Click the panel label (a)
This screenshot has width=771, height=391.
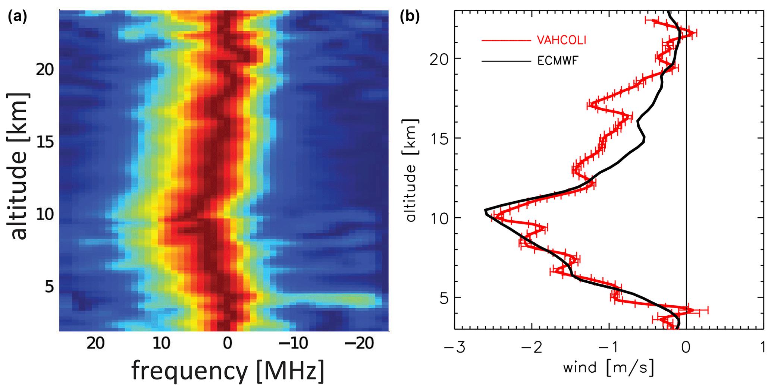[x=17, y=17]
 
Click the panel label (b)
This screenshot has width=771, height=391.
[x=410, y=17]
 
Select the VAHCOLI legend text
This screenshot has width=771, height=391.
[x=561, y=40]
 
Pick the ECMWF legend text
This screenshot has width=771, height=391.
[x=558, y=60]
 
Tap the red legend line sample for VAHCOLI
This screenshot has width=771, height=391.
[x=506, y=40]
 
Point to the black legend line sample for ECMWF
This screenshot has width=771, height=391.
[x=506, y=60]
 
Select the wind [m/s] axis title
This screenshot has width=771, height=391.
[x=608, y=368]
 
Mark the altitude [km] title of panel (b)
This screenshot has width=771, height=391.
[x=411, y=170]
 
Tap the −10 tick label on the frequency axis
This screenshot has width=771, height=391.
[x=293, y=343]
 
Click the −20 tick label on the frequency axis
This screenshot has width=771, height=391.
[x=359, y=343]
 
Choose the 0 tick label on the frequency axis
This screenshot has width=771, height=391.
[x=228, y=343]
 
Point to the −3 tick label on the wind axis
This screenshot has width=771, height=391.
[x=455, y=348]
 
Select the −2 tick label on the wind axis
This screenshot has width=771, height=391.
[x=532, y=348]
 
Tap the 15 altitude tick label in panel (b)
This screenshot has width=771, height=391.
[x=439, y=138]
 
